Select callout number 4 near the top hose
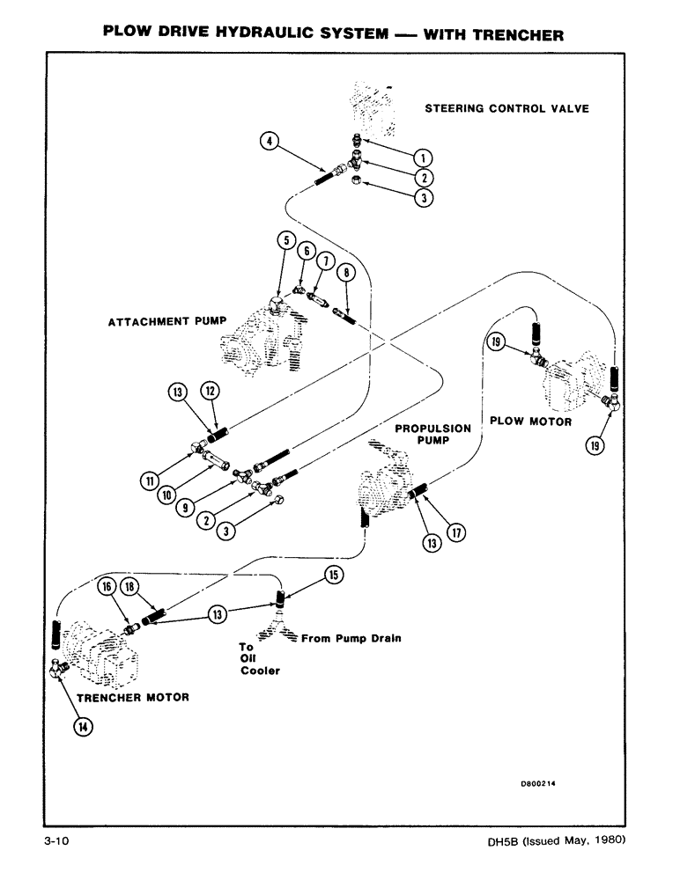271,139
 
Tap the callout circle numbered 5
284,240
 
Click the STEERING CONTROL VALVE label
507,109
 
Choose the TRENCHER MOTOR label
133,698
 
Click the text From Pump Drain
351,639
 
